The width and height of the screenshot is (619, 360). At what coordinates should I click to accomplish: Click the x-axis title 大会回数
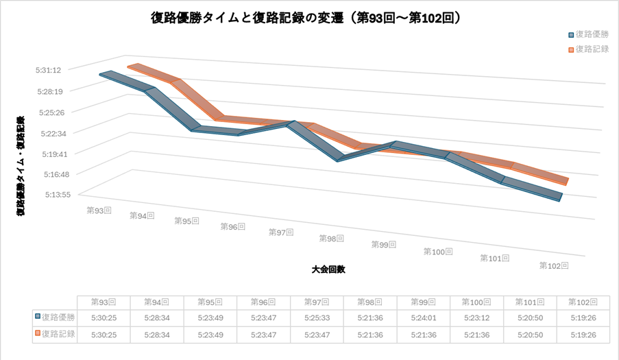(x=328, y=269)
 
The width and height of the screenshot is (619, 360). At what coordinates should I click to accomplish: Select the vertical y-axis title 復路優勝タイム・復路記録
(x=21, y=165)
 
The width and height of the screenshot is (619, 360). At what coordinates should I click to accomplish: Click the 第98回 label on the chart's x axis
(x=331, y=239)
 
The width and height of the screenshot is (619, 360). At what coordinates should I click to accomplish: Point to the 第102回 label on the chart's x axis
(x=554, y=265)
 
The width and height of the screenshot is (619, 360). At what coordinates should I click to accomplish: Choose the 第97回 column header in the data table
(x=316, y=302)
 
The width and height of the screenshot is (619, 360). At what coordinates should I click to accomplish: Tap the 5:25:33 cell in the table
(x=316, y=317)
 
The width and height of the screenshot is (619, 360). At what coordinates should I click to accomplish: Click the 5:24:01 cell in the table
(x=423, y=317)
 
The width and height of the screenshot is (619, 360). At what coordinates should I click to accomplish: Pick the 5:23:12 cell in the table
(x=476, y=317)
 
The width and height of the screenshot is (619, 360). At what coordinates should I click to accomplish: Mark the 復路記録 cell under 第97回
(x=316, y=335)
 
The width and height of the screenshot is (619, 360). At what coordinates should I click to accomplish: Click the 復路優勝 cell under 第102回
(x=583, y=317)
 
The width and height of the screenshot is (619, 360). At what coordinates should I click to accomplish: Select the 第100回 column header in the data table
(x=476, y=302)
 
